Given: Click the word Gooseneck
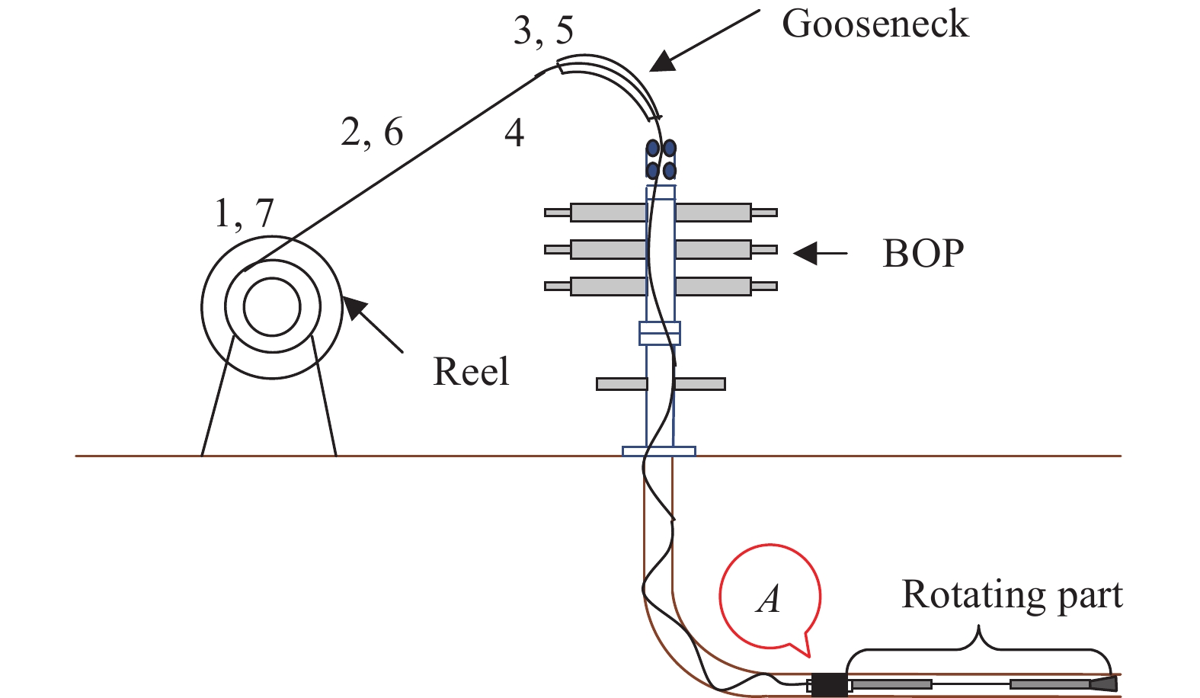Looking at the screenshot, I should click(875, 24).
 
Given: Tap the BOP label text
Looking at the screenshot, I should click(923, 254).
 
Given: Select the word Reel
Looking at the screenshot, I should click(471, 372).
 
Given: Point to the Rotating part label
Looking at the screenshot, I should click(1012, 595).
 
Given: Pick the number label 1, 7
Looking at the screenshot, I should click(244, 213).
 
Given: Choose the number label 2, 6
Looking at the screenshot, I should click(372, 133).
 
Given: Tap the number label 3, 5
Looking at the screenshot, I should click(543, 30).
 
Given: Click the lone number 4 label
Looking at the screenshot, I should click(514, 133).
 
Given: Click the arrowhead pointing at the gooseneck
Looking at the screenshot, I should click(663, 62).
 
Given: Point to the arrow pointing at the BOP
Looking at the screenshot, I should click(815, 253).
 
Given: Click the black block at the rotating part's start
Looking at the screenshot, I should click(828, 684).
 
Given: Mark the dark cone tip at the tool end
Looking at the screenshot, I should click(1104, 684).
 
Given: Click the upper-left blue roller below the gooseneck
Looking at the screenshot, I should click(653, 148).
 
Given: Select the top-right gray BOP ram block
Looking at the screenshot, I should click(713, 212).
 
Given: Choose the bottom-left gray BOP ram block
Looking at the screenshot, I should click(608, 287).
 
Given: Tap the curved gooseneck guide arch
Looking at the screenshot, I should click(617, 77).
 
